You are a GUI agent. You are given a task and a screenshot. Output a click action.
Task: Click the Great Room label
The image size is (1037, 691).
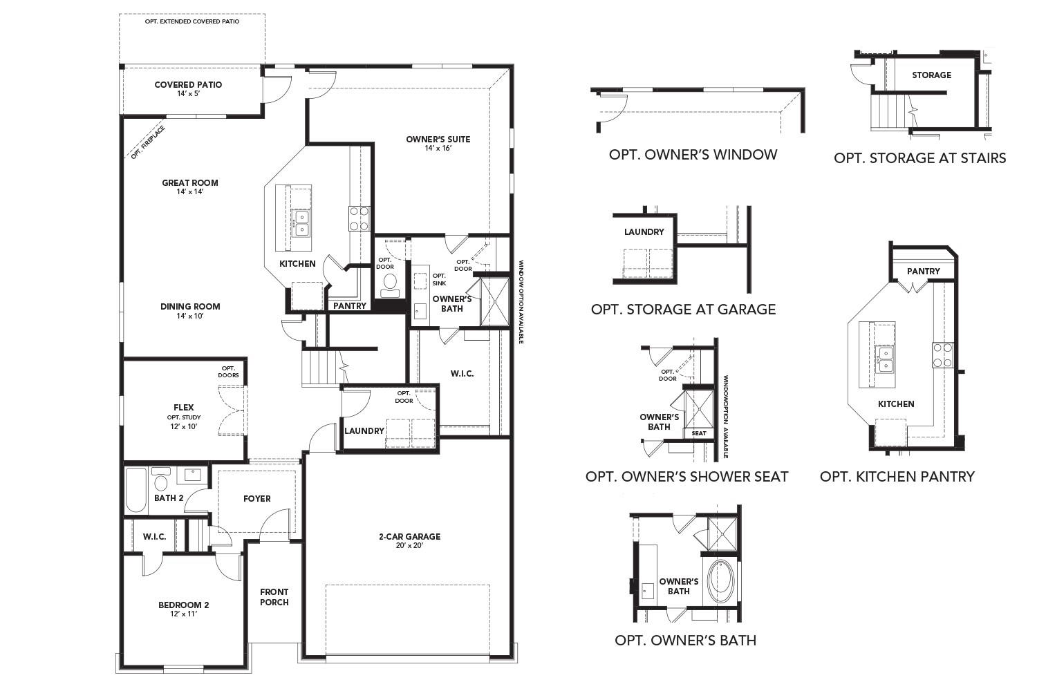pyautogui.click(x=189, y=183)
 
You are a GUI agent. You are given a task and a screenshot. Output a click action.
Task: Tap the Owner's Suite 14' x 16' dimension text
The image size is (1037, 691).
pyautogui.click(x=438, y=149)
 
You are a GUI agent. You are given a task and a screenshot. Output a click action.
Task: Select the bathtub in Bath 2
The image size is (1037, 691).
pyautogui.click(x=136, y=490)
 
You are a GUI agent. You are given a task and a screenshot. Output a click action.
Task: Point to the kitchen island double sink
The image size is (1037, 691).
pyautogui.click(x=301, y=223)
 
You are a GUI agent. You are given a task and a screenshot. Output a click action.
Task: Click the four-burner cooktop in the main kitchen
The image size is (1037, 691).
pyautogui.click(x=359, y=218)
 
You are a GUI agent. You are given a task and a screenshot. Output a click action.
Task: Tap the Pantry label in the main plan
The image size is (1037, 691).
pyautogui.click(x=350, y=305)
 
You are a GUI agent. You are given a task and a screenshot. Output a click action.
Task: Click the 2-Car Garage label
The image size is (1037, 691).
pyautogui.click(x=409, y=536)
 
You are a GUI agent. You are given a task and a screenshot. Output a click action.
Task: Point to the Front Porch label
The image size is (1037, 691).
pyautogui.click(x=274, y=597)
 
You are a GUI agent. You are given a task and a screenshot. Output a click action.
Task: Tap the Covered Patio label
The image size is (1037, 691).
pyautogui.click(x=188, y=85)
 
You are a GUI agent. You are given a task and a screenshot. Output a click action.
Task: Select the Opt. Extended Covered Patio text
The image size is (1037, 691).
pyautogui.click(x=192, y=21)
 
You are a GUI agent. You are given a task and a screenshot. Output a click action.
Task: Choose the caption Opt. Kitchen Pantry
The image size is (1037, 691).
pyautogui.click(x=897, y=476)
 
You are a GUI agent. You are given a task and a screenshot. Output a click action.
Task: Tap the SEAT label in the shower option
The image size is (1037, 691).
pyautogui.click(x=699, y=433)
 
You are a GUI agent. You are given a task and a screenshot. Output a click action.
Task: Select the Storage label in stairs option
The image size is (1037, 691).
pyautogui.click(x=931, y=75)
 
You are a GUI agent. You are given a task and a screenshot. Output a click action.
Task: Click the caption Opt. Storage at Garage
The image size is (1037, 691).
pyautogui.click(x=683, y=309)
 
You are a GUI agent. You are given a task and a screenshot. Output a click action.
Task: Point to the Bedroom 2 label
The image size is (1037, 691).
pyautogui.click(x=183, y=605)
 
